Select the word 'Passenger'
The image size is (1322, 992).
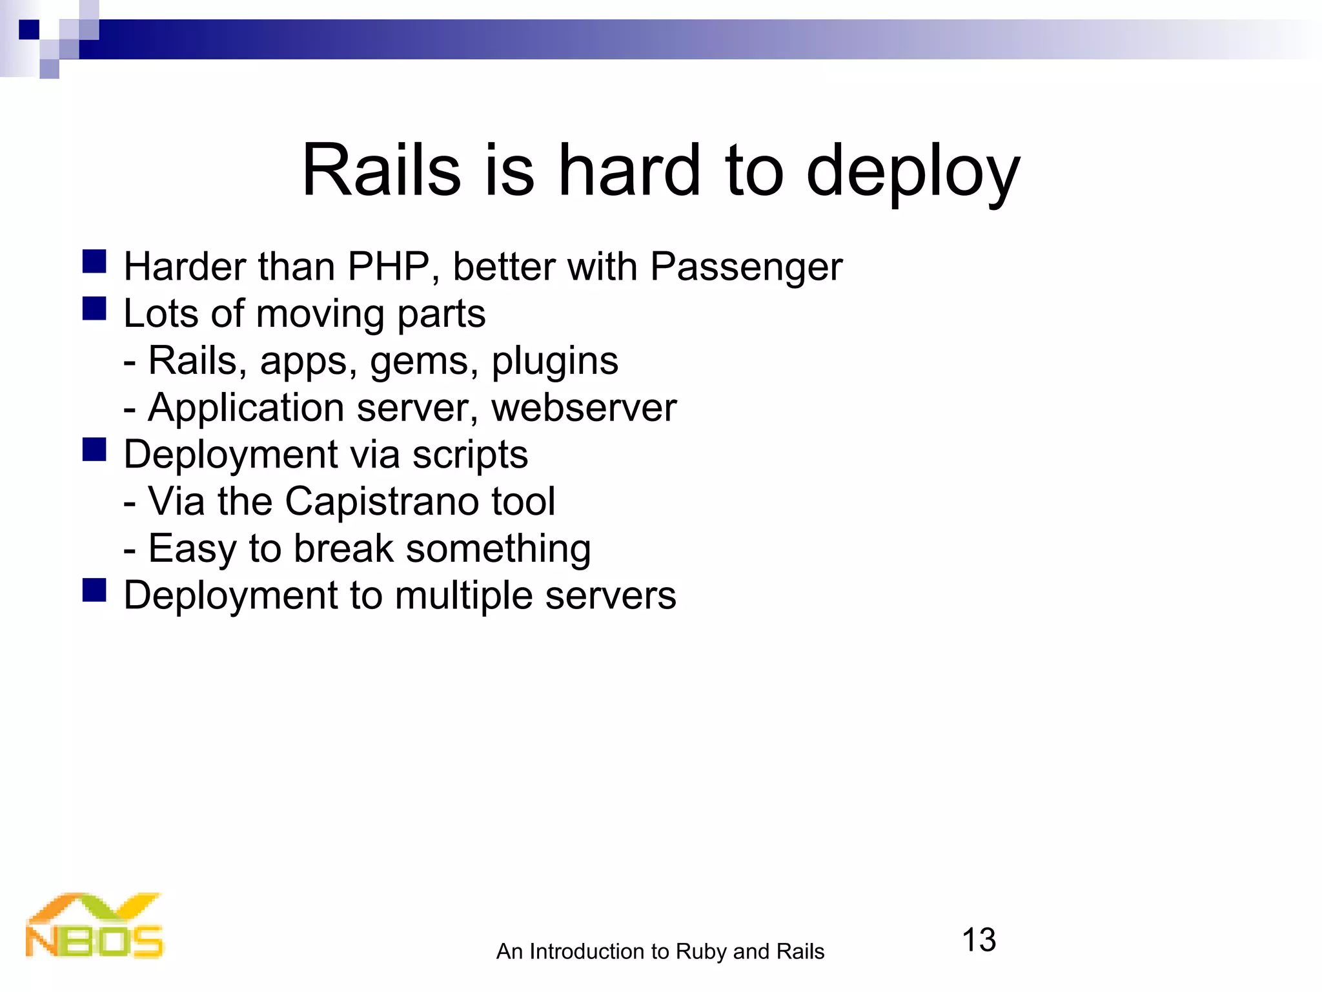[746, 267]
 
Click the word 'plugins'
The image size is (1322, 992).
[554, 362]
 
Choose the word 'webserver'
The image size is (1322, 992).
[584, 408]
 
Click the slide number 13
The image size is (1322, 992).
[979, 940]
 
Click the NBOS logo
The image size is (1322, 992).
[94, 926]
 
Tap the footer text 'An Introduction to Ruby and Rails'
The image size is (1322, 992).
[660, 951]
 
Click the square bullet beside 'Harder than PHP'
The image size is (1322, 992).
[94, 262]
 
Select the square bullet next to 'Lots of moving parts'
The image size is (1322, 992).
[94, 309]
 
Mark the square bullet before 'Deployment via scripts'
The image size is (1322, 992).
[94, 449]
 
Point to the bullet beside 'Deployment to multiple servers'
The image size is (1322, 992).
[94, 590]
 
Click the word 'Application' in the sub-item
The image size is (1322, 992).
[246, 408]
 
